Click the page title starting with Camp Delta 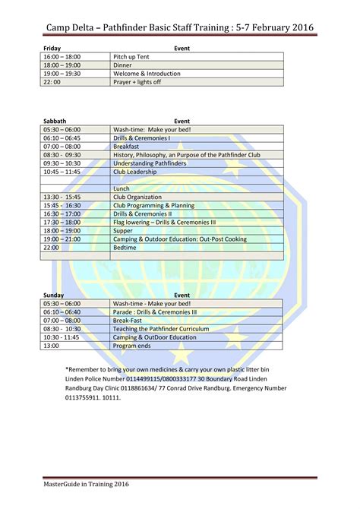click(x=179, y=28)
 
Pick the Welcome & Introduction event click(x=147, y=74)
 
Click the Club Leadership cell click(x=134, y=172)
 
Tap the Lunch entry click(x=122, y=188)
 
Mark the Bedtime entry click(x=125, y=247)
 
